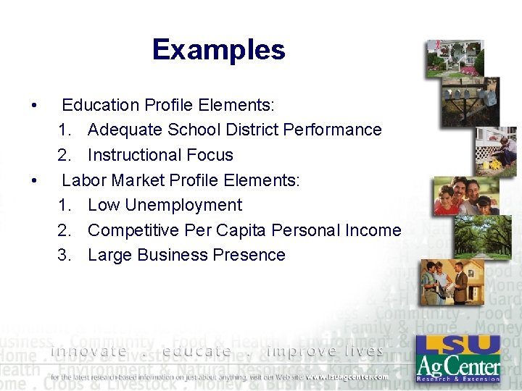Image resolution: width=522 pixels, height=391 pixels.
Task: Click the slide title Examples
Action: click(x=219, y=50)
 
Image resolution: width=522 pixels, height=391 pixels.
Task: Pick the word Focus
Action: click(x=210, y=155)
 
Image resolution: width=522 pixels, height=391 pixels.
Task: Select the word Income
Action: click(x=373, y=230)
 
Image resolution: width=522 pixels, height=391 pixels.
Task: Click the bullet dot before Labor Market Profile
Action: click(x=35, y=180)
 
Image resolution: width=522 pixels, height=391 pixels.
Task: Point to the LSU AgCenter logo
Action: click(x=458, y=358)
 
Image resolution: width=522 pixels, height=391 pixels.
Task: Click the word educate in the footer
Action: click(x=197, y=351)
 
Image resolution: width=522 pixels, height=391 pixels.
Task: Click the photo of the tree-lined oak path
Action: click(x=482, y=236)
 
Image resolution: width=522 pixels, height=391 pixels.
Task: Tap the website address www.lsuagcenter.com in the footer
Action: click(x=346, y=377)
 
